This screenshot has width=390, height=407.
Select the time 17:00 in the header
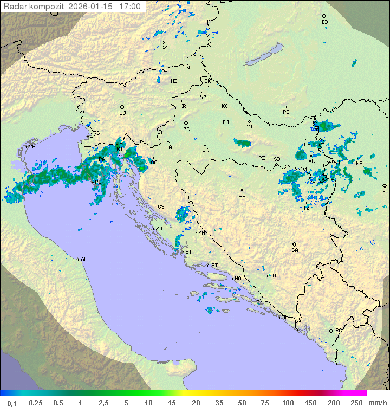coord(129,7)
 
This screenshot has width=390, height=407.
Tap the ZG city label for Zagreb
coord(186,130)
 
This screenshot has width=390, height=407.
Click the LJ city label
coord(122,113)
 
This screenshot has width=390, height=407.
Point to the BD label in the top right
coord(324,22)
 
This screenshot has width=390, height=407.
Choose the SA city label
coord(295,250)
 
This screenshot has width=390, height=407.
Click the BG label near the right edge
coord(385,191)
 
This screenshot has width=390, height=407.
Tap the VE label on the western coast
coord(32,147)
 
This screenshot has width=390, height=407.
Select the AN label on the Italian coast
coord(84,260)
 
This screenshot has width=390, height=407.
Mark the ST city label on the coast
coord(214,266)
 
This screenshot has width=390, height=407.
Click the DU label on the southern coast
coord(284,318)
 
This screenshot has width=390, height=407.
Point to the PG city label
coord(339,330)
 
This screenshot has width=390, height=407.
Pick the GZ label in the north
coord(164,48)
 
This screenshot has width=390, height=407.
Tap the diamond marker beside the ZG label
coord(186,123)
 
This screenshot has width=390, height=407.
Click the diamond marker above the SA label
coord(294,244)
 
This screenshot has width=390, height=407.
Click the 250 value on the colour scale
coord(356,403)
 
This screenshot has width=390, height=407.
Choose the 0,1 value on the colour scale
coord(12,403)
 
